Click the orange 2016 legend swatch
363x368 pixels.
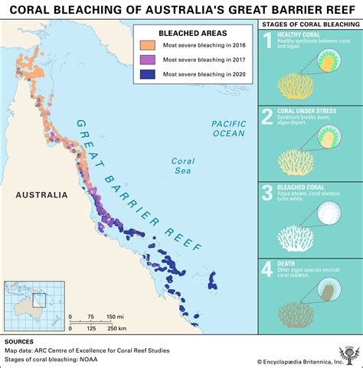pos(146,47)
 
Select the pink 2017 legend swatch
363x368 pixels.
pos(146,60)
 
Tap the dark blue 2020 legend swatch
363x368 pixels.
pos(146,74)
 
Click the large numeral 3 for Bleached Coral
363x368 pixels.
pos(267,194)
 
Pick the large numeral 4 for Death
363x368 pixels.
pos(267,269)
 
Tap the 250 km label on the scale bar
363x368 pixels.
pos(116,328)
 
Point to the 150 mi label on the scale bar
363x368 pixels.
pos(116,316)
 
